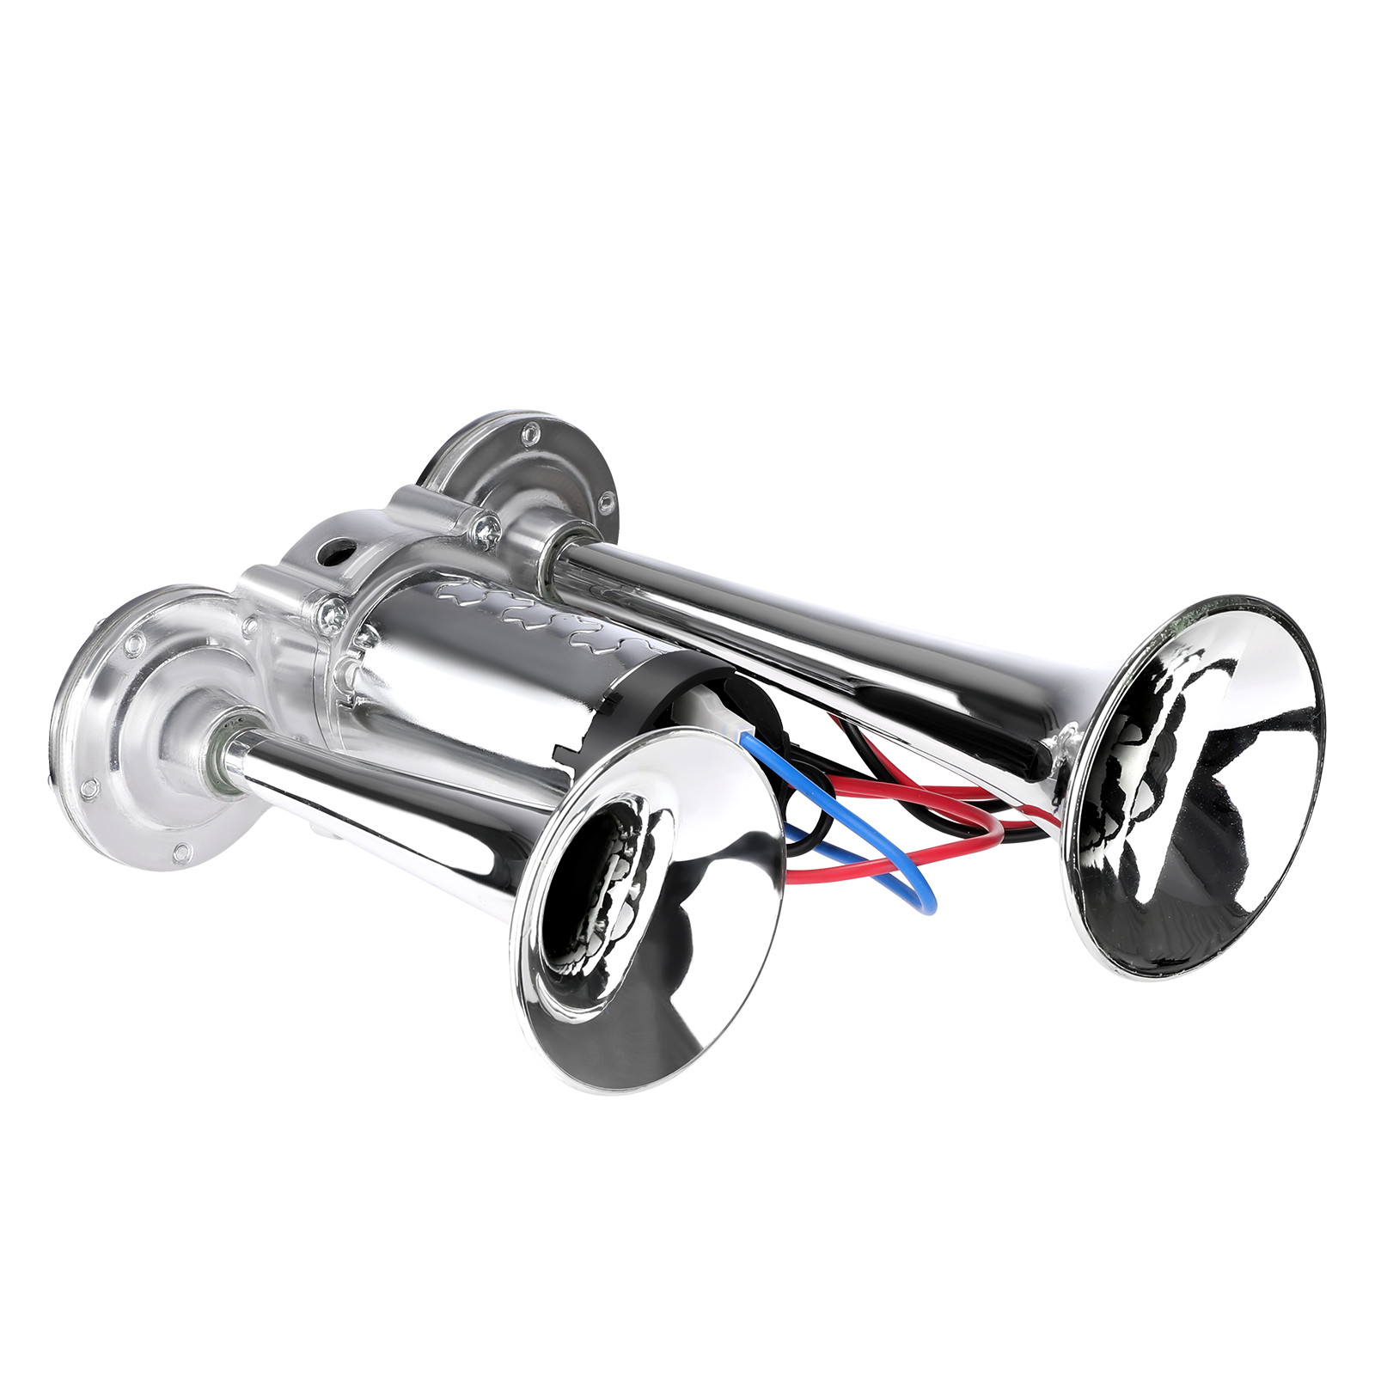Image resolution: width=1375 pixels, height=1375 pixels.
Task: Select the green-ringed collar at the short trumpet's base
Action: [x=228, y=756]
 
